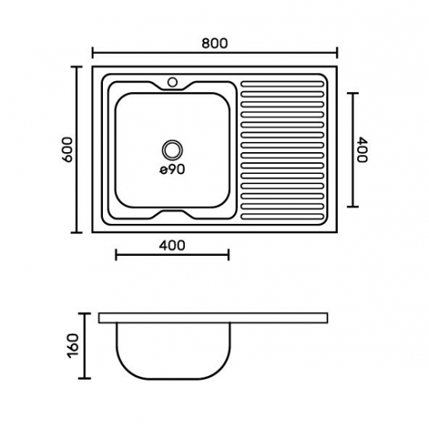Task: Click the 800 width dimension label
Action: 214,44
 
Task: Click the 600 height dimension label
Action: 68,150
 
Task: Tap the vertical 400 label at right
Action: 363,150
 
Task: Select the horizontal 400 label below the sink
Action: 172,246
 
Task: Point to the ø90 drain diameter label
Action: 172,169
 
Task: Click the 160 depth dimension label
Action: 73,346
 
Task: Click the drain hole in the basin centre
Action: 172,150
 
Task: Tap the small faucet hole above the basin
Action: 172,82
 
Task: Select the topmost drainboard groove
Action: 282,84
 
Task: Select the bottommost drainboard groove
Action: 282,217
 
